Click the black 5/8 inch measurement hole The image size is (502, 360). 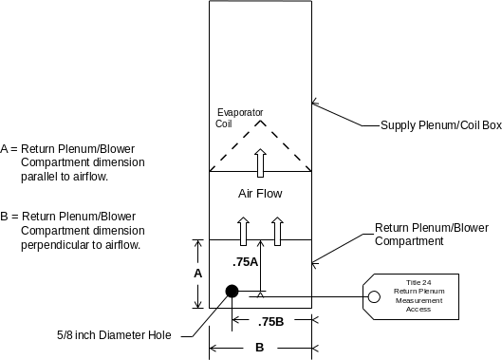[x=231, y=292]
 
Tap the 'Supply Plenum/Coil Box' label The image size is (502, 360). [x=440, y=125]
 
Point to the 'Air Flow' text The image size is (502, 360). [x=260, y=194]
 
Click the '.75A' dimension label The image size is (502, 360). [x=245, y=261]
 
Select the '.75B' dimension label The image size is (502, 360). [x=271, y=320]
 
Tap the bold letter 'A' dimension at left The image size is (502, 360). [x=196, y=273]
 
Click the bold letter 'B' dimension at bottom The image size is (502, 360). [x=259, y=348]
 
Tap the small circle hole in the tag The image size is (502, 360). [x=375, y=297]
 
